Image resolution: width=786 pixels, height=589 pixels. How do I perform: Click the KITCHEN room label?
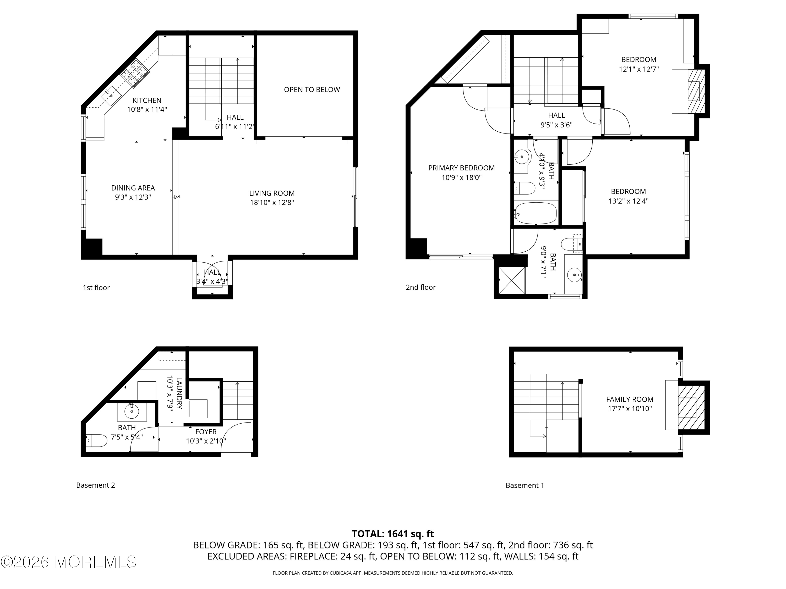click(x=147, y=101)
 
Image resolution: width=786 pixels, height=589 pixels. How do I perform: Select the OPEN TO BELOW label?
click(x=312, y=90)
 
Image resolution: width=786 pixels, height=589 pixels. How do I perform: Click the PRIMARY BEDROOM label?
click(x=461, y=168)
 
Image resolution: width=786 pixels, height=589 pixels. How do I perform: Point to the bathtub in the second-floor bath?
click(x=536, y=213)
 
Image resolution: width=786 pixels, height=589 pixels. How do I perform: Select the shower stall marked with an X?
click(x=512, y=280)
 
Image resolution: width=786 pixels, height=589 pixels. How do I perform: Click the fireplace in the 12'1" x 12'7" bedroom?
click(x=696, y=91)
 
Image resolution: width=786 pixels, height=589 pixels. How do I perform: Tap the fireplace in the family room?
click(x=691, y=408)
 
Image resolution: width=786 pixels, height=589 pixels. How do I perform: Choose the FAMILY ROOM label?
click(x=629, y=399)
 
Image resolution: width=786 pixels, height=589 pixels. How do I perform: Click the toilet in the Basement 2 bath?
click(x=96, y=441)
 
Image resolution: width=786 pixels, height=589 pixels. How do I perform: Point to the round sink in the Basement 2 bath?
click(x=132, y=412)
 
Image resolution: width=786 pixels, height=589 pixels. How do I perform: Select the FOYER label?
click(x=206, y=432)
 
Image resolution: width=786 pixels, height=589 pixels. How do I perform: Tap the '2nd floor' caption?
click(x=420, y=287)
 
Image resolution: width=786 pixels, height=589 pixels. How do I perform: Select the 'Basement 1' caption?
click(x=525, y=485)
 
